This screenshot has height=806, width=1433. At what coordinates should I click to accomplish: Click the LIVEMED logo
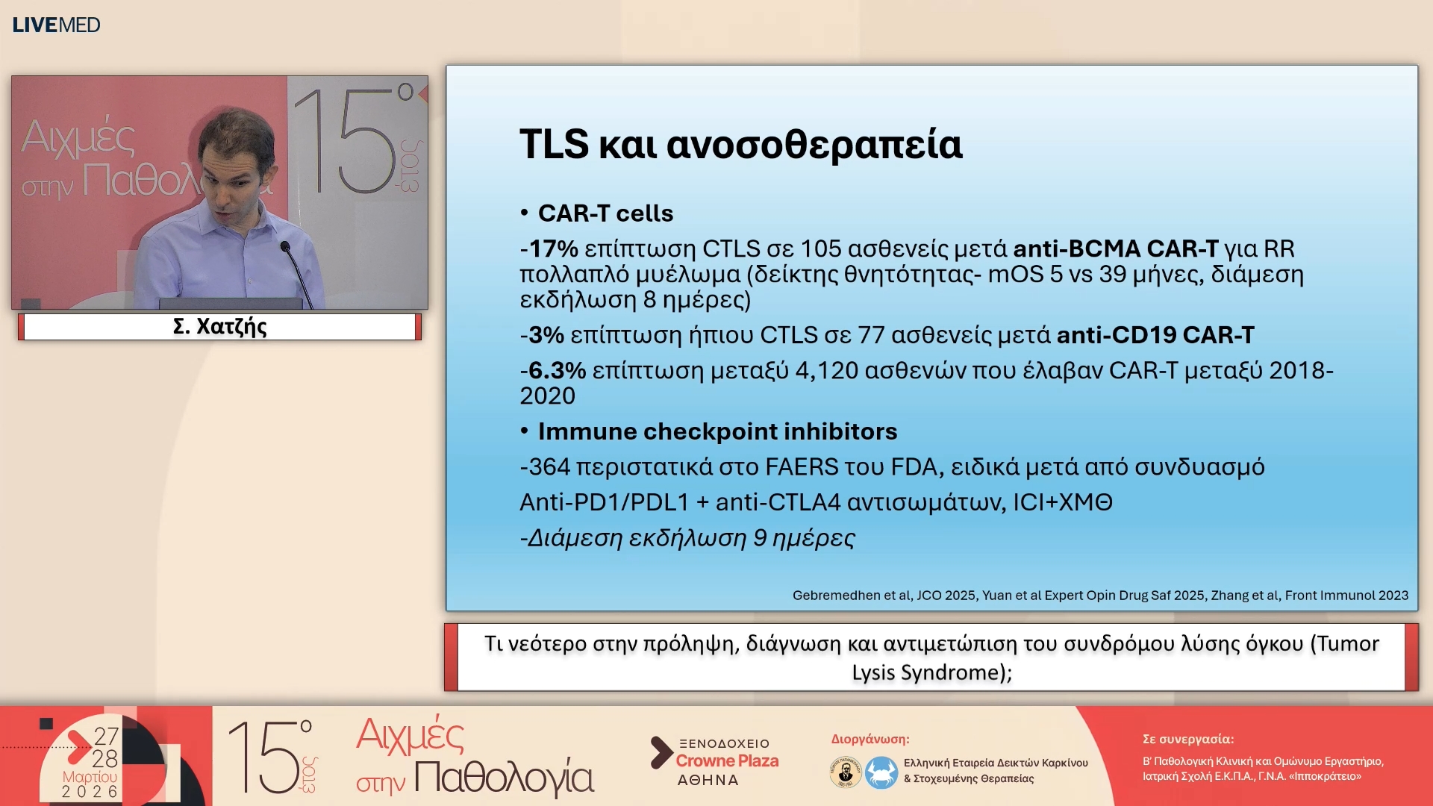56,25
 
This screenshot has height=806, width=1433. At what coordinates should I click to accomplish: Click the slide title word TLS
554,144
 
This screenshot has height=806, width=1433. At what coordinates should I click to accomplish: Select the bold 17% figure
553,249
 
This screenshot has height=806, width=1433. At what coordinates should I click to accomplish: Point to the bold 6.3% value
557,370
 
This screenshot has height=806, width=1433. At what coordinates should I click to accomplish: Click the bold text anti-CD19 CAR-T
1155,335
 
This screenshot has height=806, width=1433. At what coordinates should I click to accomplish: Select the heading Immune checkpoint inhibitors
717,431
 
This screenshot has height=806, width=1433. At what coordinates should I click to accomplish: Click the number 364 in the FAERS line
549,467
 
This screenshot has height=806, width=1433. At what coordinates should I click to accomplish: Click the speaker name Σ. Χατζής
219,327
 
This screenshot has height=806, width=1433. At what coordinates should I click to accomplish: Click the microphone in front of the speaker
285,247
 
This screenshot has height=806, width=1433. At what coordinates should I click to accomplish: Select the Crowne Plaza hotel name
727,761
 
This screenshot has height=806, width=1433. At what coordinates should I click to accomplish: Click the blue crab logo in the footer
881,772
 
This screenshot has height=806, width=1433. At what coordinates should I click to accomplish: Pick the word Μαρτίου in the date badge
90,777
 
